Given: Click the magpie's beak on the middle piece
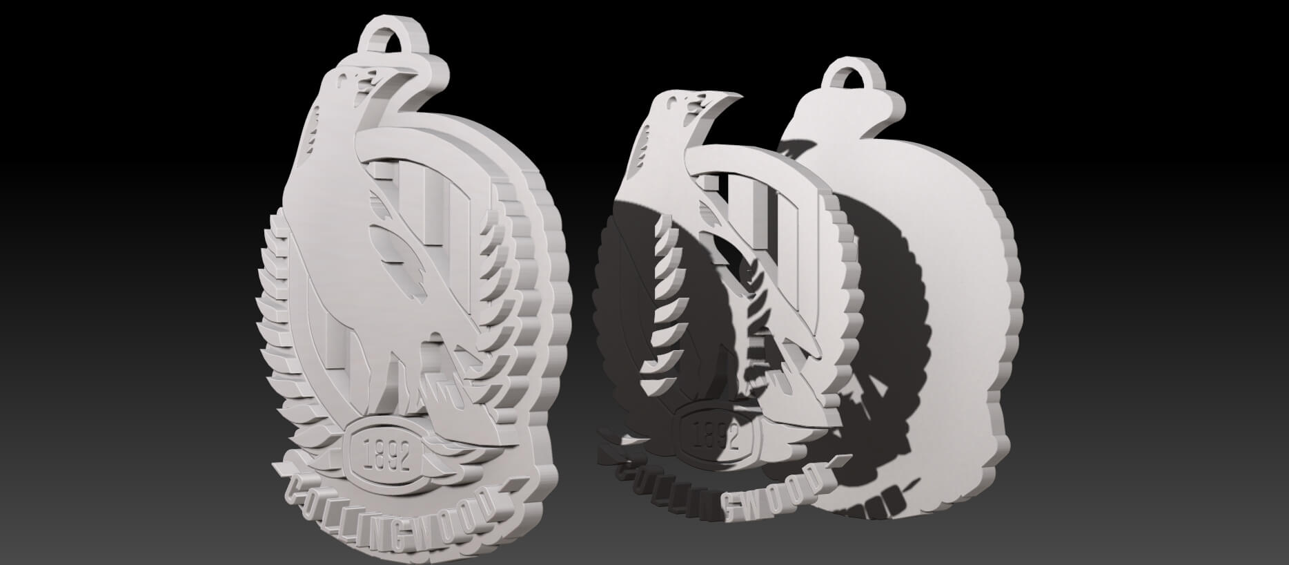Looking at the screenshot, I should click(x=718, y=103).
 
